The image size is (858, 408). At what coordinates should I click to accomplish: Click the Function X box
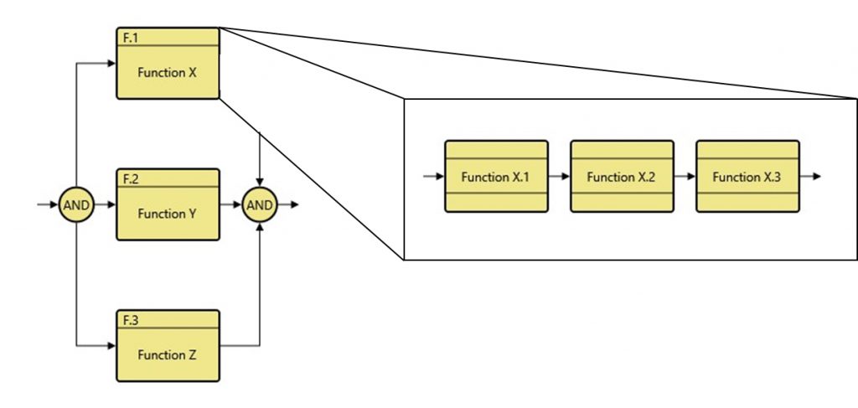point(167,72)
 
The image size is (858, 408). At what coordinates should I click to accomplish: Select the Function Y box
point(167,213)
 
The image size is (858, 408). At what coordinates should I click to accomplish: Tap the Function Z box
point(167,354)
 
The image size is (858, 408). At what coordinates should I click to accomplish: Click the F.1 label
point(131,36)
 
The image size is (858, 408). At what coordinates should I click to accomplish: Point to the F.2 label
point(131,178)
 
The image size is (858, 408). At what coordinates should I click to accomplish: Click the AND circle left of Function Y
point(76,205)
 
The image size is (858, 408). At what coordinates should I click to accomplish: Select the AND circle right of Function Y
point(260,205)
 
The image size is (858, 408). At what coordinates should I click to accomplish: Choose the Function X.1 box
point(496,177)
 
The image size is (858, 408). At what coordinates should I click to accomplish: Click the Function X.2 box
point(622,177)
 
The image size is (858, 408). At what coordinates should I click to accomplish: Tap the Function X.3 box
point(747,177)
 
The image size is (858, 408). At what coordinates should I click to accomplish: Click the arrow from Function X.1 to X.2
point(559,177)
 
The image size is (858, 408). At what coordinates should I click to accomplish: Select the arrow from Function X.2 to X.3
point(685,177)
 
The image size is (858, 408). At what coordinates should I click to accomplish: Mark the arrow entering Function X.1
point(433,177)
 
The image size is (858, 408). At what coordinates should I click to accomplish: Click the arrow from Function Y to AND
point(230,205)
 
